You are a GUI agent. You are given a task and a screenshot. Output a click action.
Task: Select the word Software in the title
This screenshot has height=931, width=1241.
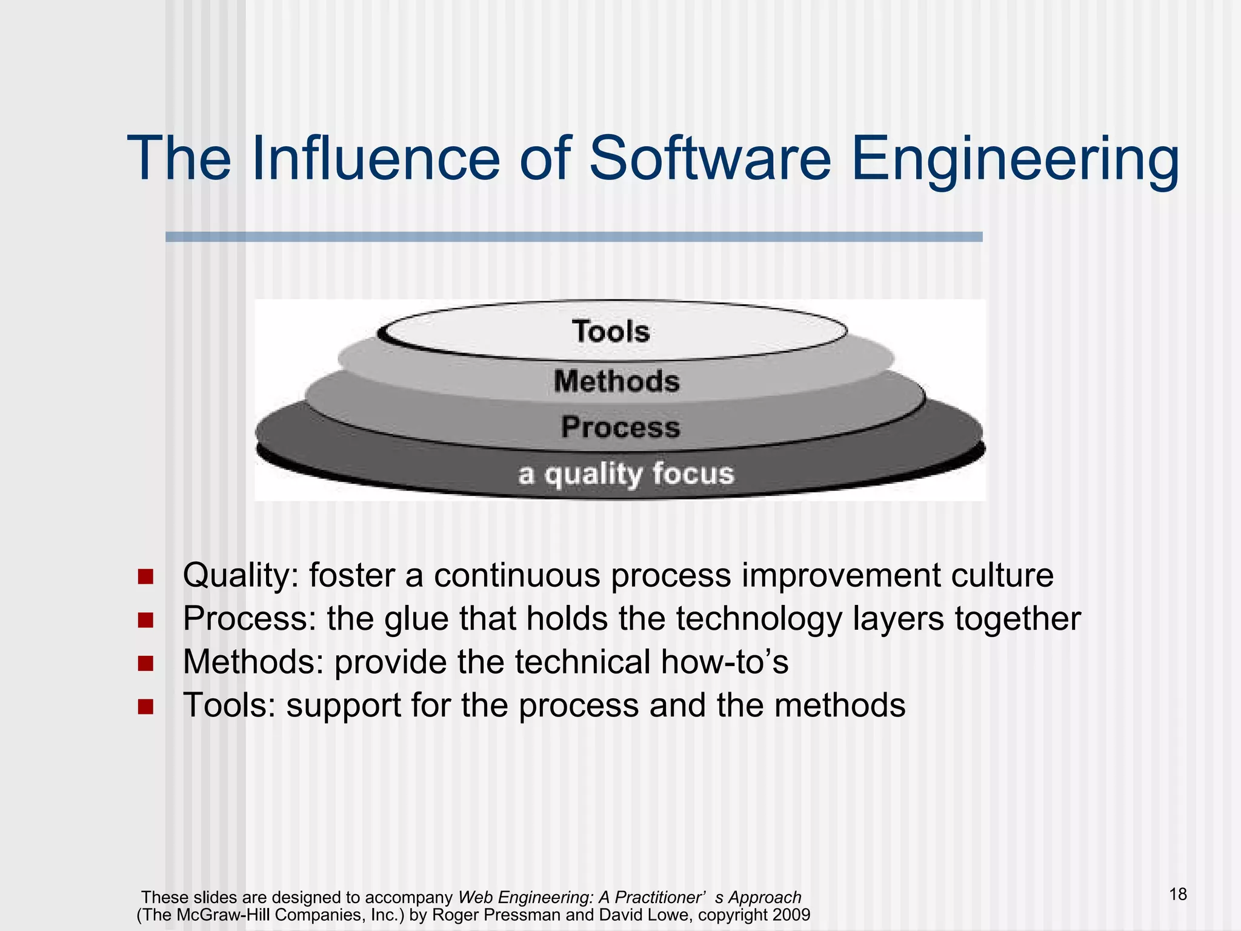pos(710,159)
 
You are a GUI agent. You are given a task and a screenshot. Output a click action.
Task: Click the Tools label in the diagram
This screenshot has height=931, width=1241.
pos(611,332)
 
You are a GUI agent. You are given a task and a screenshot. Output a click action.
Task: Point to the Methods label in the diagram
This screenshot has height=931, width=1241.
pos(617,381)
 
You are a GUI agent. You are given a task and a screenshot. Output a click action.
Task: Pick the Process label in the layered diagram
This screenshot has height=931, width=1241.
pos(620,427)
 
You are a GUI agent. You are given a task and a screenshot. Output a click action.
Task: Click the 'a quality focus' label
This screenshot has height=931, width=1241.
pos(626,474)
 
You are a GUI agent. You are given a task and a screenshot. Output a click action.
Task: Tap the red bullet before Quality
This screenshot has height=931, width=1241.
pos(145,576)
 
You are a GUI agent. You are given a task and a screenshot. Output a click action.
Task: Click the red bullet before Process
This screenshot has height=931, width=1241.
pos(145,619)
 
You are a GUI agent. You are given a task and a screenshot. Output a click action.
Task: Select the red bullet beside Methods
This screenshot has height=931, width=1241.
pos(145,663)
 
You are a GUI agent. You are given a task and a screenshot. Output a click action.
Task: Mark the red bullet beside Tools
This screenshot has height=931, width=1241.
pos(145,707)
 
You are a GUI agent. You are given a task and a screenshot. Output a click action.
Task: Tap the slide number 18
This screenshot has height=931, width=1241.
pos(1178,894)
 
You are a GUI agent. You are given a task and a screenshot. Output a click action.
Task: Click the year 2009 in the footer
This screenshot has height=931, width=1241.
pos(791,915)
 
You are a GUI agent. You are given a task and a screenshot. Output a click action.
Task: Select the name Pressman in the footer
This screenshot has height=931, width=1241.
pos(525,915)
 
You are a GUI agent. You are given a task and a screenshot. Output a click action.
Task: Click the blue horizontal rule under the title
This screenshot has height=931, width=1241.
pos(573,237)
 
